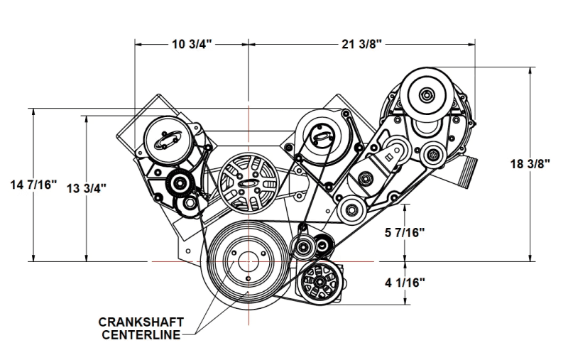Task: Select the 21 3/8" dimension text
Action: [362, 44]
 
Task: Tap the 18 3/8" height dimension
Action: [530, 163]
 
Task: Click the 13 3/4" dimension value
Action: [87, 189]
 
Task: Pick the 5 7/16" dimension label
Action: [405, 231]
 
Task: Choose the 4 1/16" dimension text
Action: [405, 283]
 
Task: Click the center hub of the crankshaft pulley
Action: [247, 261]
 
